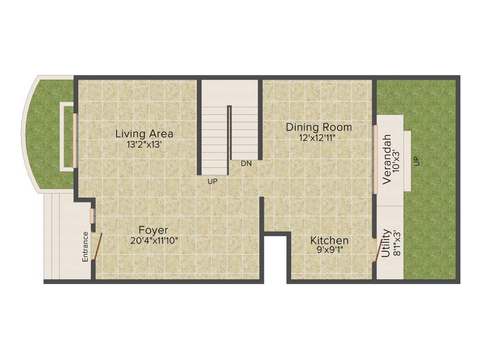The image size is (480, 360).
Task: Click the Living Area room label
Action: pos(144,134)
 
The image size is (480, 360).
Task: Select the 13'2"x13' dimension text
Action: pos(144,145)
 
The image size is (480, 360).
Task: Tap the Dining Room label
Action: pos(319,127)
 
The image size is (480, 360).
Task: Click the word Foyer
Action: pos(153,230)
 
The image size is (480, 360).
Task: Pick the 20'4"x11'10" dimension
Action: pos(154,241)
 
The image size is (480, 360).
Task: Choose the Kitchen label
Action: pos(329,240)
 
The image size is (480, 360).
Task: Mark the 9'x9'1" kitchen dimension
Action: pos(330,250)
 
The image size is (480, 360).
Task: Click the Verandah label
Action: pos(387,159)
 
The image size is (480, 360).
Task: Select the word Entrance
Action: pos(85,247)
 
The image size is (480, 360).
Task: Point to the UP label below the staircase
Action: pos(212,181)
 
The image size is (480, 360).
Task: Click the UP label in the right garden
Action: pos(416,161)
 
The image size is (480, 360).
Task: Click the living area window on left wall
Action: pos(75,140)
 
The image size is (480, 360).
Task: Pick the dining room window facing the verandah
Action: pos(375,159)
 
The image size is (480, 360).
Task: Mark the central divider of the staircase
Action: pos(229,133)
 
